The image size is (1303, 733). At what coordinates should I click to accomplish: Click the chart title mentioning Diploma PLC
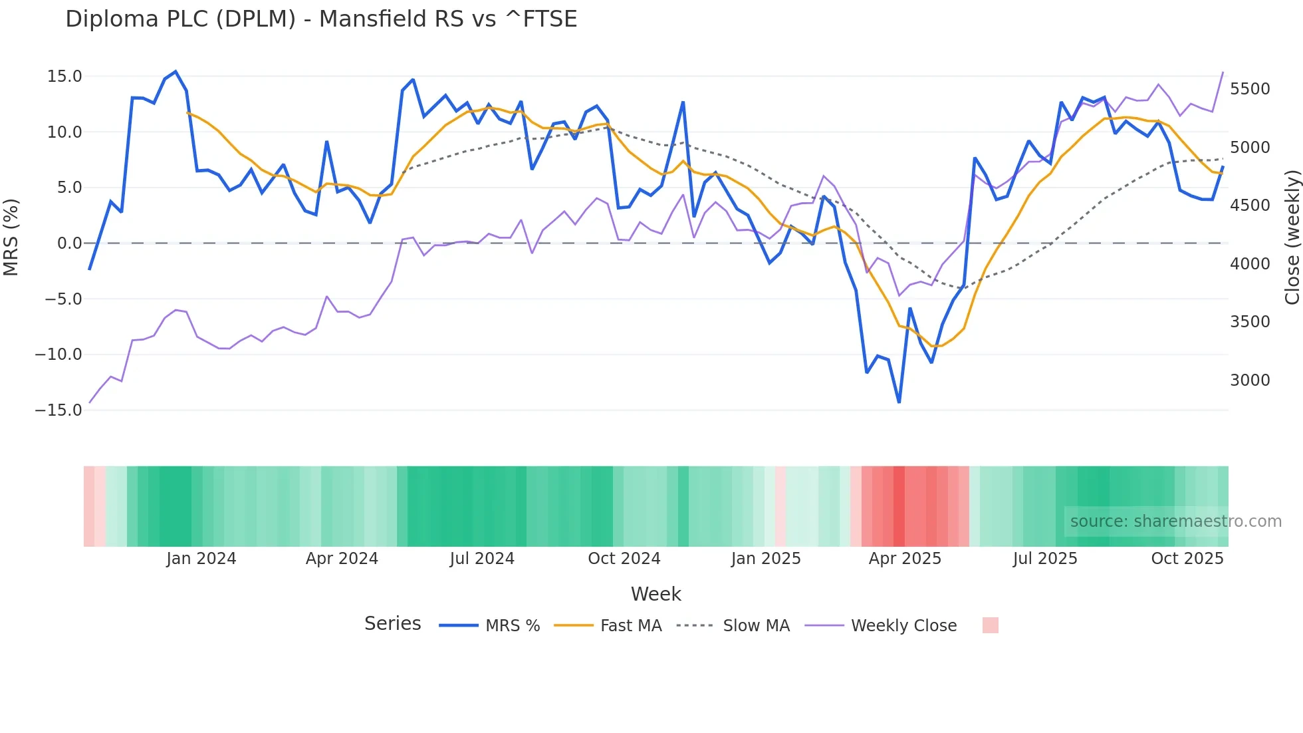pyautogui.click(x=321, y=19)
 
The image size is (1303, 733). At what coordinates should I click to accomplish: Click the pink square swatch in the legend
pyautogui.click(x=990, y=625)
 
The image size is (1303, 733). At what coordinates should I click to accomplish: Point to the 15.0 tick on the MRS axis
pyautogui.click(x=64, y=76)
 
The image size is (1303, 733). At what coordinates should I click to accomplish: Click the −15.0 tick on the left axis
pyautogui.click(x=59, y=410)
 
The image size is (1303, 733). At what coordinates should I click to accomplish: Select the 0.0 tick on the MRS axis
pyautogui.click(x=69, y=243)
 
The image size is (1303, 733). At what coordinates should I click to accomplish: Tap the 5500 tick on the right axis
pyautogui.click(x=1250, y=89)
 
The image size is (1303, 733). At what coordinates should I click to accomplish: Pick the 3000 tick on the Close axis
pyautogui.click(x=1250, y=380)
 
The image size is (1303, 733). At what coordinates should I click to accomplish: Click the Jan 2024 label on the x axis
pyautogui.click(x=201, y=559)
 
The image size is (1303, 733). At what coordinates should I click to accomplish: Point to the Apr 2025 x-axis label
pyautogui.click(x=905, y=559)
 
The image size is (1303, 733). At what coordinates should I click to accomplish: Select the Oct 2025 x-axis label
pyautogui.click(x=1187, y=559)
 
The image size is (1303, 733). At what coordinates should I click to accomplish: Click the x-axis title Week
pyautogui.click(x=655, y=594)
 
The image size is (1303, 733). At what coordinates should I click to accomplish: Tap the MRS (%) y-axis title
pyautogui.click(x=11, y=237)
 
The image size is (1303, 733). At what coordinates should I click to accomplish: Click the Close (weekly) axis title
pyautogui.click(x=1292, y=237)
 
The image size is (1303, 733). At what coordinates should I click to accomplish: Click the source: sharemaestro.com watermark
pyautogui.click(x=1175, y=521)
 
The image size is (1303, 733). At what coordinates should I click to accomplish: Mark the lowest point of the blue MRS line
pyautogui.click(x=899, y=402)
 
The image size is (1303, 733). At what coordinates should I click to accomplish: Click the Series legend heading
pyautogui.click(x=392, y=624)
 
